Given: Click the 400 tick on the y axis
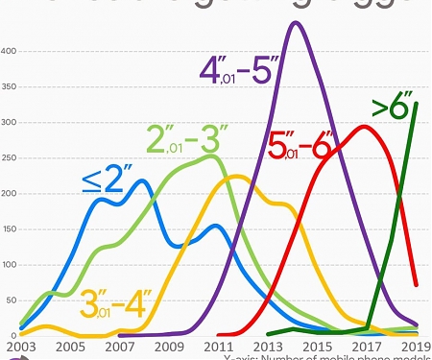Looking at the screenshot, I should point(9,51).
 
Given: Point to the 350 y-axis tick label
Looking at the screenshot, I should point(9,86).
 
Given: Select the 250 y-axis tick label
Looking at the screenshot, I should point(9,158).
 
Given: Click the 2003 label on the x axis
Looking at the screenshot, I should point(18,347).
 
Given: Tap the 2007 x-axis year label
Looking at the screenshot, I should point(118,347).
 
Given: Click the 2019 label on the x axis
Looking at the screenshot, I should point(416,347).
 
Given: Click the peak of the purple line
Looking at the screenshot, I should point(296,22).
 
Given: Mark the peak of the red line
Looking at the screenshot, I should point(364,126).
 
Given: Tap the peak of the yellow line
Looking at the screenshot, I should point(236,176).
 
